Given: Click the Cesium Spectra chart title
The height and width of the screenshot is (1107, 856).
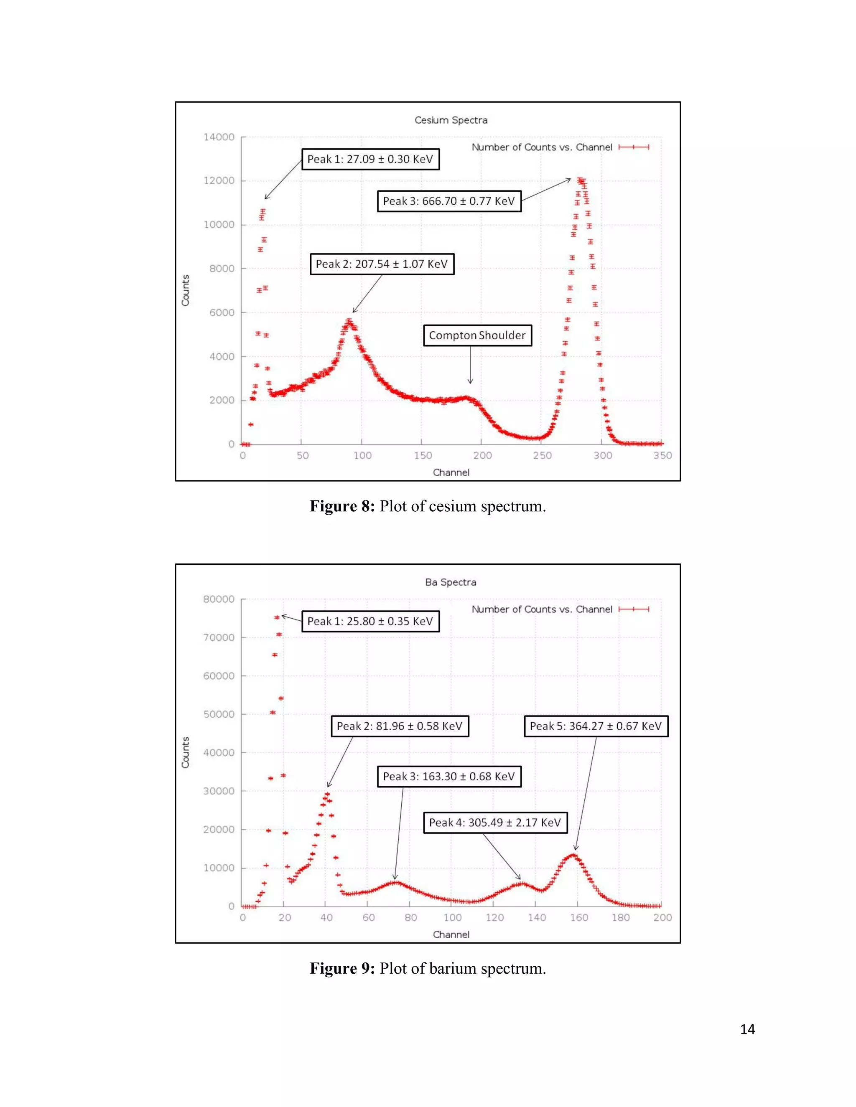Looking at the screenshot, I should (451, 120).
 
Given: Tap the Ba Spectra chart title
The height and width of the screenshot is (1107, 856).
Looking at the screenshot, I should (451, 582).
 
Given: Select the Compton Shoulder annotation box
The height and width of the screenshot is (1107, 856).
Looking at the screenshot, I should (477, 335).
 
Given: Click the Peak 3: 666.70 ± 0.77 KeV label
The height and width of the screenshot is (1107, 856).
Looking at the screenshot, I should (449, 201).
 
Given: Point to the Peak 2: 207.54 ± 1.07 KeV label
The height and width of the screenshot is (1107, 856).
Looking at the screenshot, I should (381, 264).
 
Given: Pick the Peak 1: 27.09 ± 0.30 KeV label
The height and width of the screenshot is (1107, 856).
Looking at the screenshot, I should (370, 159).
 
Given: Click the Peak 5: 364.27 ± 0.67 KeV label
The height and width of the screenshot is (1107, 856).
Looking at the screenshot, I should (595, 726).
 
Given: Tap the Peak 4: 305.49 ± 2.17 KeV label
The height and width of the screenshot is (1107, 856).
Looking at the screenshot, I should (495, 822).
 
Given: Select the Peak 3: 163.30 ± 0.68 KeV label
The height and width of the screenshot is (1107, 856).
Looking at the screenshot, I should (449, 777).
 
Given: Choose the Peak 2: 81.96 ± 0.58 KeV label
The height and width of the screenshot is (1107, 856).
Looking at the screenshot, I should (399, 726).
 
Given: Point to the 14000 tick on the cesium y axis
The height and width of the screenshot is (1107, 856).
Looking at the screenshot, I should (219, 137).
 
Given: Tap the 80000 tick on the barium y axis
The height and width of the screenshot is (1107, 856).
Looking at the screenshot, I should (219, 599).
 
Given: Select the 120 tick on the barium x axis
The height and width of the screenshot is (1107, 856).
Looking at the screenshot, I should (494, 917).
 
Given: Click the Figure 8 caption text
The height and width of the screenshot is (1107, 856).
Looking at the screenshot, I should (428, 506).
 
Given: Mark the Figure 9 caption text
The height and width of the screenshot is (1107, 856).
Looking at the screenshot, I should (428, 968).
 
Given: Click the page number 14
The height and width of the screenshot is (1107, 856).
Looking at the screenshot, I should (747, 1029).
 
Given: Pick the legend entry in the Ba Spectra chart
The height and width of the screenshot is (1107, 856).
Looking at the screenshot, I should (560, 609).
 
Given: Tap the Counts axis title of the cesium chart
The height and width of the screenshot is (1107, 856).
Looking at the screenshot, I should (186, 290).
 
